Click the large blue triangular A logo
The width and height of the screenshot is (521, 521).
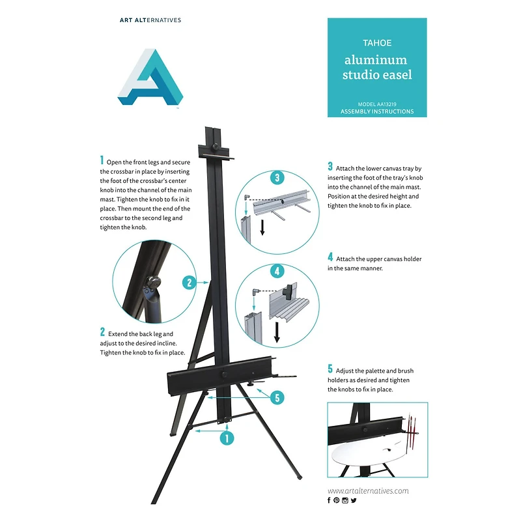[x=150, y=79]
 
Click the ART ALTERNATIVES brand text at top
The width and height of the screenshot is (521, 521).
[x=150, y=20]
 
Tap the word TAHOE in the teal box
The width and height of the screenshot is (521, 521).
[x=376, y=42]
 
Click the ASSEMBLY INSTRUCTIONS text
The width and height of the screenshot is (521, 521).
[x=376, y=112]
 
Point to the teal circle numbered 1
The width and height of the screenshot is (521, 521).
[x=226, y=438]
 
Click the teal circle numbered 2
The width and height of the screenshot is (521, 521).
[x=190, y=283]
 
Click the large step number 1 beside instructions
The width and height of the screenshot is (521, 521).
[x=102, y=160]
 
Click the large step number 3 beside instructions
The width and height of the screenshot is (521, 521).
[x=330, y=167]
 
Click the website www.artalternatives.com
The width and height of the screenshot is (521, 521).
[x=368, y=490]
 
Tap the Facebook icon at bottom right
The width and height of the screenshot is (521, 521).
[x=330, y=500]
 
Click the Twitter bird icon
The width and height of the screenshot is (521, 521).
[x=354, y=500]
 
